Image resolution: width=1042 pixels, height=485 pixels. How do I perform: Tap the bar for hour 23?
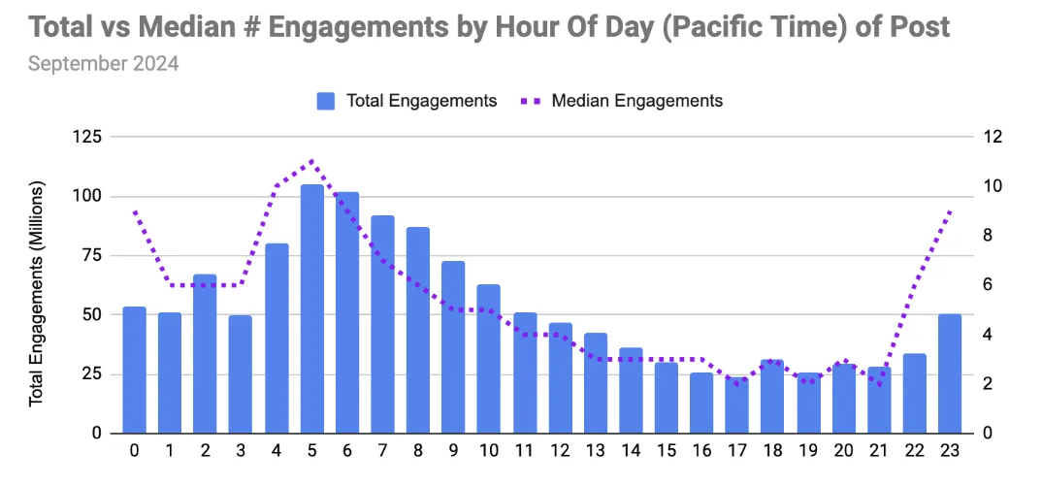[950, 373]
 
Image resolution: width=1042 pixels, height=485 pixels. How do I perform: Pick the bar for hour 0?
[134, 370]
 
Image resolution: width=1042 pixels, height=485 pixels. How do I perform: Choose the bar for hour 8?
[418, 330]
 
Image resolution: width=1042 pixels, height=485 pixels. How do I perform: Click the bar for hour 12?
[560, 377]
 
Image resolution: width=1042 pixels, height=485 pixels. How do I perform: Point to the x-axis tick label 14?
[631, 452]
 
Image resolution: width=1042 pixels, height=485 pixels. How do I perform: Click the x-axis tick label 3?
[241, 452]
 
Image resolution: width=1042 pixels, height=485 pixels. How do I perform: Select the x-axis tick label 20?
[843, 452]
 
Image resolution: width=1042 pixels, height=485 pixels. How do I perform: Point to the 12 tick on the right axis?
[992, 137]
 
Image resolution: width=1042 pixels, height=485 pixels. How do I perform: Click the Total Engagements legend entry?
[407, 100]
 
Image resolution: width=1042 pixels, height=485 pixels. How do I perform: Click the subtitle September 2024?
[103, 64]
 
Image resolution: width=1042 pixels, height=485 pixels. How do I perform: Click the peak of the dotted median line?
[311, 160]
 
